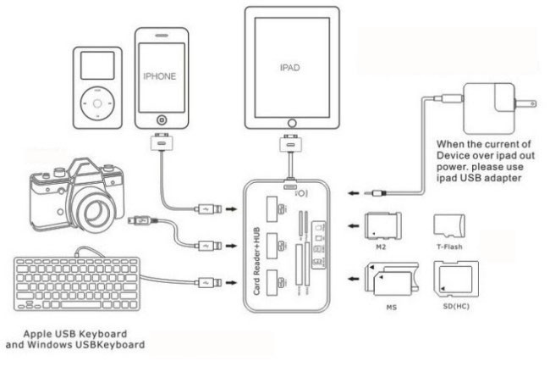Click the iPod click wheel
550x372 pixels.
click(x=96, y=105)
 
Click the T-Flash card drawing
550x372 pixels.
click(x=448, y=226)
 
